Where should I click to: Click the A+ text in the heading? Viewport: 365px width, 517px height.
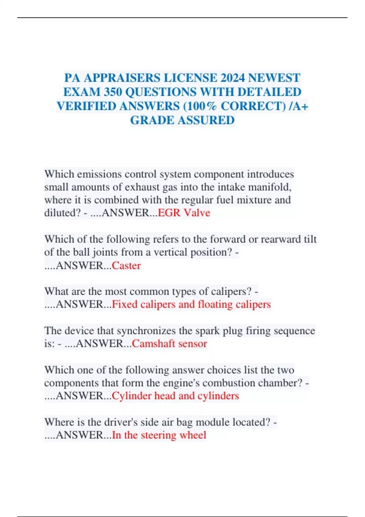[301, 106]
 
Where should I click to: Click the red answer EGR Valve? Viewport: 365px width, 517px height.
[184, 213]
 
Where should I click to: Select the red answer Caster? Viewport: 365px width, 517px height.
[126, 265]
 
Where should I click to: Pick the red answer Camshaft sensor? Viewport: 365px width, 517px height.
[169, 343]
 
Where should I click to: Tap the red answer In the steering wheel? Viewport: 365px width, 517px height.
[159, 435]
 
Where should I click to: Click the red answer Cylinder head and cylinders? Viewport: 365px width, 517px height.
[176, 396]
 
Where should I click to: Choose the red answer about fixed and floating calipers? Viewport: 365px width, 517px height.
[191, 304]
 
